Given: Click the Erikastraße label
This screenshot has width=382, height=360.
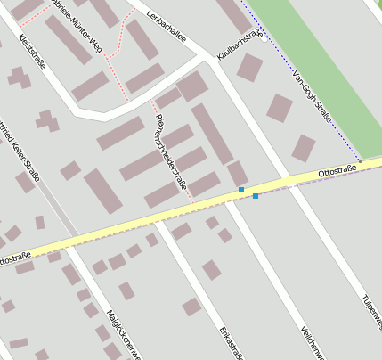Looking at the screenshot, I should (x=231, y=344).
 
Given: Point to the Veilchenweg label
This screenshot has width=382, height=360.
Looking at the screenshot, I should (x=312, y=342).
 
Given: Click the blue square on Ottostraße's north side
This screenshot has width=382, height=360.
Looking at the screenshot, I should (x=241, y=190).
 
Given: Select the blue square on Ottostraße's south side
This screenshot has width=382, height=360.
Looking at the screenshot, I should (x=256, y=195).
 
